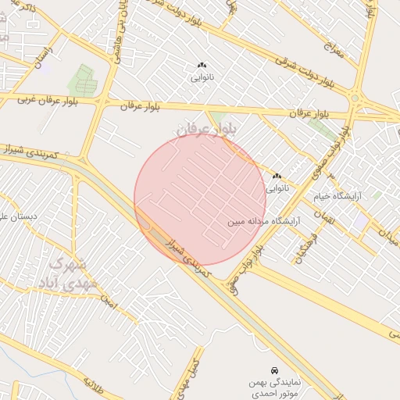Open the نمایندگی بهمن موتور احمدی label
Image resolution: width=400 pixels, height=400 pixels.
273,388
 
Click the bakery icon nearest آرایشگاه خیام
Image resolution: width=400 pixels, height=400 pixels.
277,177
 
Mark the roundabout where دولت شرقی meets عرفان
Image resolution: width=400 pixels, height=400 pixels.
355,99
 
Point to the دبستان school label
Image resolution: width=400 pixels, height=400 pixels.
19,217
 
